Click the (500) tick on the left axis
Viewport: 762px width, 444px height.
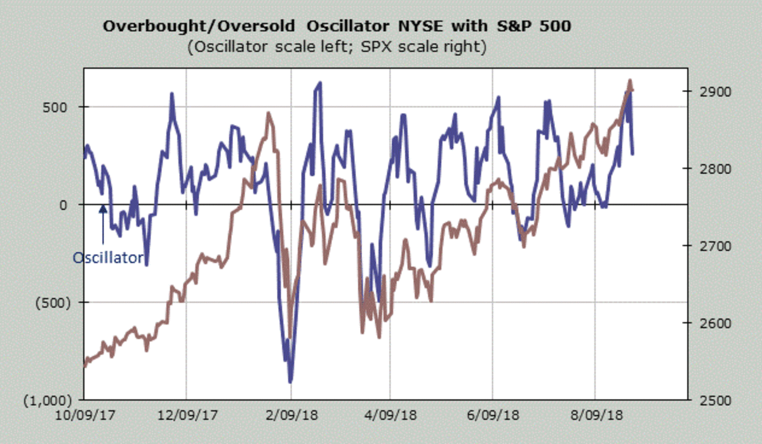click(x=49, y=302)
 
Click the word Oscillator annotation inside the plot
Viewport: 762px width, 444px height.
click(x=107, y=258)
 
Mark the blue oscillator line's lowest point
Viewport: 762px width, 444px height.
click(x=290, y=382)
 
